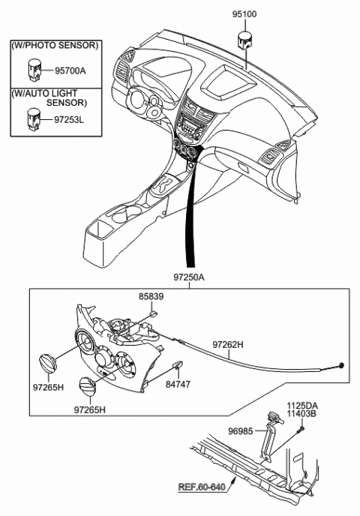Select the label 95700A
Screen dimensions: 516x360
click(71, 71)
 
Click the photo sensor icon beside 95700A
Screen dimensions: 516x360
click(33, 68)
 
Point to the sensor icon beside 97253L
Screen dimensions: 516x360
click(33, 117)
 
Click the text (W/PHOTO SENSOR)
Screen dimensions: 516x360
click(54, 45)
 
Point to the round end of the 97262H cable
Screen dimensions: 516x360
click(343, 365)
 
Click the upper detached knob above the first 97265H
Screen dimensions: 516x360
click(49, 363)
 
